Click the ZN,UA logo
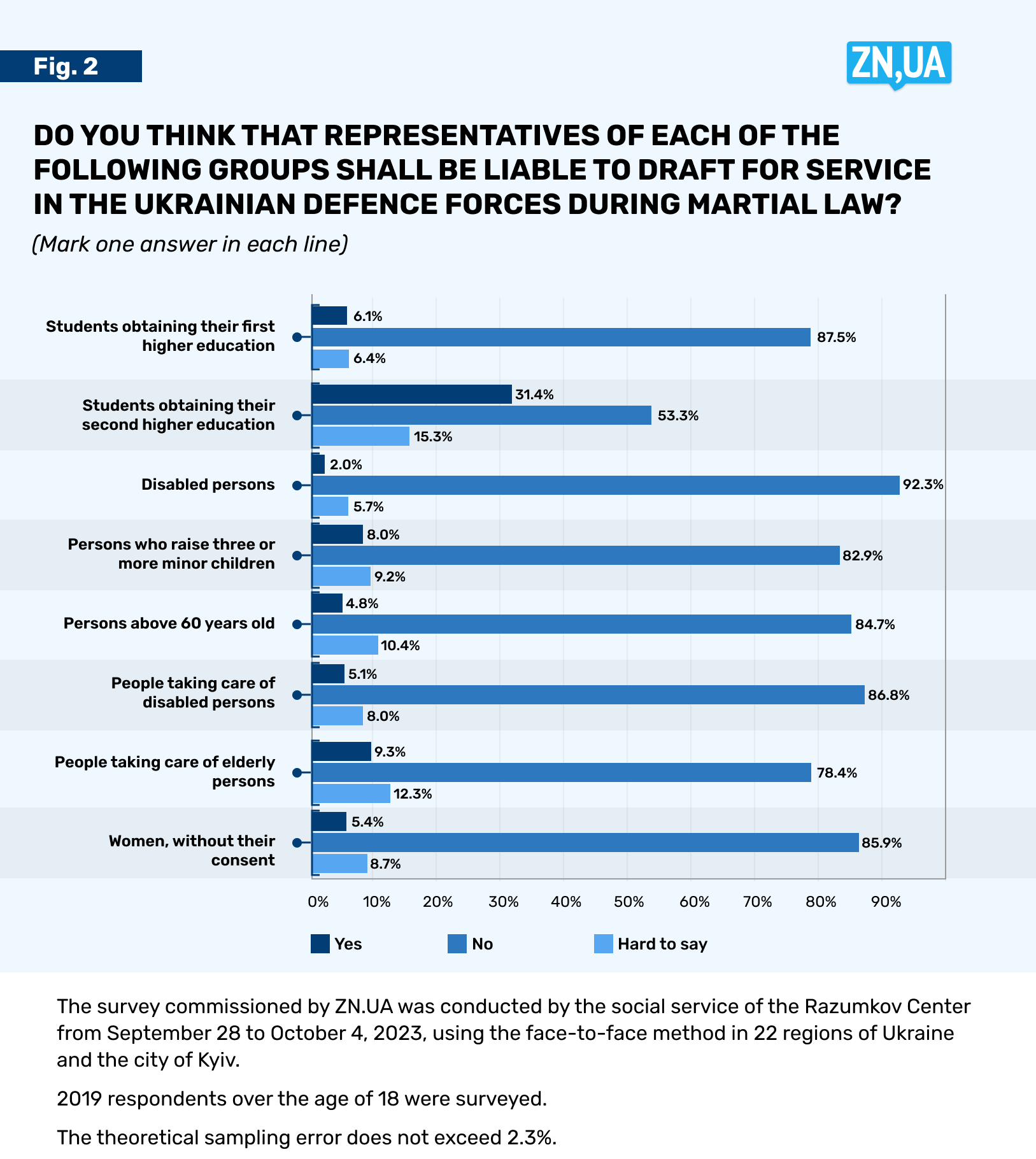click(898, 64)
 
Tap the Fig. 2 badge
click(71, 66)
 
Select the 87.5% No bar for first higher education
click(561, 338)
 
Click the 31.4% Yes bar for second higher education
click(412, 394)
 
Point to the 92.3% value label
click(923, 485)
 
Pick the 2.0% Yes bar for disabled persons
click(318, 464)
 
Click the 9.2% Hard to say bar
click(342, 576)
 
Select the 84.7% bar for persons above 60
click(581, 624)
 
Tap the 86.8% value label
click(888, 695)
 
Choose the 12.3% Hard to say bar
click(351, 793)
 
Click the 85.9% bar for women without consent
click(585, 843)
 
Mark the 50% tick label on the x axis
click(628, 902)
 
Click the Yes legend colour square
click(320, 944)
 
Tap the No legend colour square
click(457, 944)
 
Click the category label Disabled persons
click(208, 485)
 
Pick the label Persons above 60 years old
click(169, 623)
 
